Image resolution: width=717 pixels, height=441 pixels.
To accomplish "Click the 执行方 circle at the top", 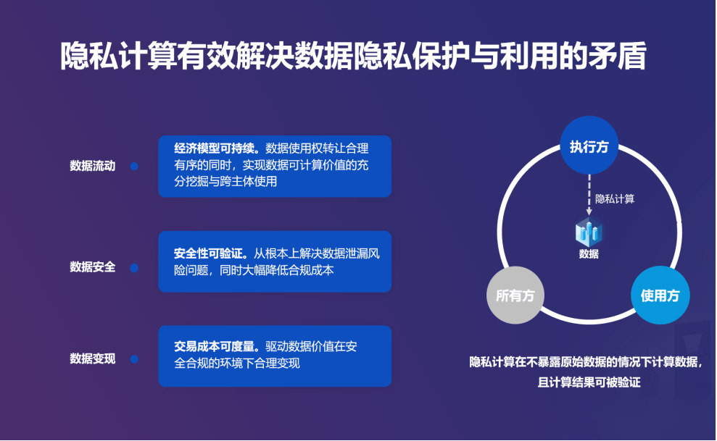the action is click(589, 145).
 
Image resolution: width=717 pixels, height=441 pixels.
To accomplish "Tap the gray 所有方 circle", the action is click(515, 295).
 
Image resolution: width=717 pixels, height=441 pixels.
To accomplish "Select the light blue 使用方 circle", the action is click(660, 295).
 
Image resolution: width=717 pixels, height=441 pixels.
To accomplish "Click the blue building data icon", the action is click(589, 232).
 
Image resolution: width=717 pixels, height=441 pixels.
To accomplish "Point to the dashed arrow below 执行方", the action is click(589, 195).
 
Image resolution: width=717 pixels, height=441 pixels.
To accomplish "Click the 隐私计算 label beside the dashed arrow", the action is click(615, 199).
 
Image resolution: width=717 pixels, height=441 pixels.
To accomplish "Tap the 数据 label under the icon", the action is click(589, 254).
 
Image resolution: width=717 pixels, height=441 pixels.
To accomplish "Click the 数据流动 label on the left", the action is click(92, 166).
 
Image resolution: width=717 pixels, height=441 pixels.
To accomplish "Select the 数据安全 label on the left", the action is click(92, 266).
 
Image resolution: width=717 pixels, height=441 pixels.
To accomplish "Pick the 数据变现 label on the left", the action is click(92, 359).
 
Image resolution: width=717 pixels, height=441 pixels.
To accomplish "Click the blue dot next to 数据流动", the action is click(134, 166).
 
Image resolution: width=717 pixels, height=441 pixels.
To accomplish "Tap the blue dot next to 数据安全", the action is click(134, 268).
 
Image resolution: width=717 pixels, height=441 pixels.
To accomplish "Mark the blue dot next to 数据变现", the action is click(134, 359).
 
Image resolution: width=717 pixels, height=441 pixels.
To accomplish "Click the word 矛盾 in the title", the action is click(618, 56).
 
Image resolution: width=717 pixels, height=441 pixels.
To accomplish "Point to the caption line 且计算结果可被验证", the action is click(589, 382).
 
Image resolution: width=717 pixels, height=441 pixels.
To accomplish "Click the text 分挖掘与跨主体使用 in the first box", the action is click(225, 182).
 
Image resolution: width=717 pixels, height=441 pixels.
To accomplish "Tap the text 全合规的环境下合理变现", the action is click(237, 364).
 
